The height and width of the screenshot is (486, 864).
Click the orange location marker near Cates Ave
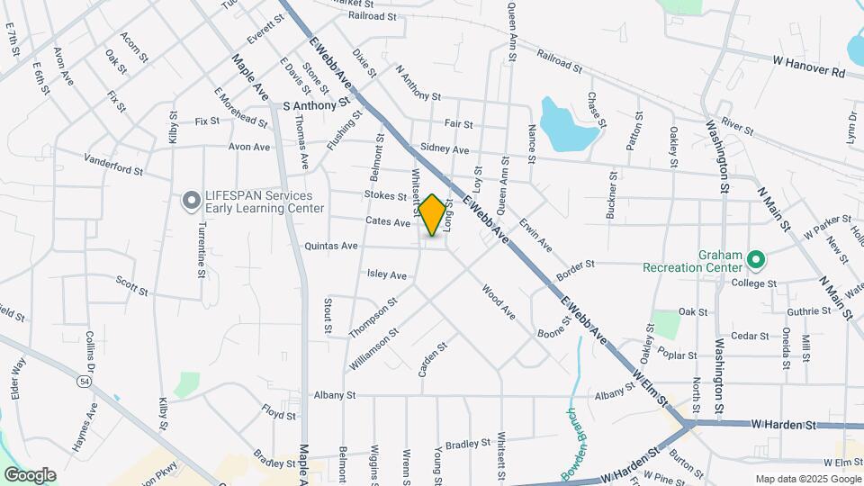433,215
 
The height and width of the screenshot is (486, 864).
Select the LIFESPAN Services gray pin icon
191,201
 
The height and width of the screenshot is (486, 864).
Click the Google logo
30,474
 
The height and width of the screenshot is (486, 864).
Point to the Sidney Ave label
445,148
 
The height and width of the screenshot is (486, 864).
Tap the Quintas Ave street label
331,245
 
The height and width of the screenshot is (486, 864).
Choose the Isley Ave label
387,274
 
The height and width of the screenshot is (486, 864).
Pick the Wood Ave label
498,303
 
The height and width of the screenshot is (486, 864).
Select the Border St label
576,265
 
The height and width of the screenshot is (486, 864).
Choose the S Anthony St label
315,105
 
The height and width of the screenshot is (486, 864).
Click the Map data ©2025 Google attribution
807,479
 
